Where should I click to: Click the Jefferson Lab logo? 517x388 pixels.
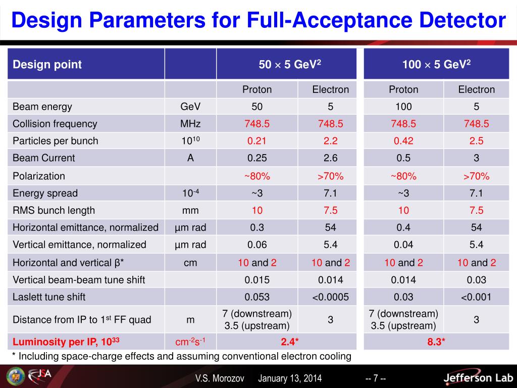[477, 377]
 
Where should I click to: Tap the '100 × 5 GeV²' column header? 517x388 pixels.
[436, 64]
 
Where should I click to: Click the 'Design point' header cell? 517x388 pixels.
[47, 65]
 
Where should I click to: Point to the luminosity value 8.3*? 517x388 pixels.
[436, 342]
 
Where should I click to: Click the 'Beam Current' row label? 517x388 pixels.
[43, 158]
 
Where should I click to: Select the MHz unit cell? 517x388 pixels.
[190, 124]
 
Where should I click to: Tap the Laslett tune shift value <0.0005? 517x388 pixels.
[331, 297]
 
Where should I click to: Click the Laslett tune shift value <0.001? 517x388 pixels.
[476, 297]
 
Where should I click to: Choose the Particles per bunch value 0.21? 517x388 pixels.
[257, 141]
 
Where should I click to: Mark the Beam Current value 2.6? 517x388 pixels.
[331, 158]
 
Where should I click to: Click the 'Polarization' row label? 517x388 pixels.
[39, 176]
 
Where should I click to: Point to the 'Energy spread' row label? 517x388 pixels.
[45, 193]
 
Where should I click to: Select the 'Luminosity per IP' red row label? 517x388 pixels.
[66, 342]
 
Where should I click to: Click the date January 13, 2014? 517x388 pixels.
[290, 378]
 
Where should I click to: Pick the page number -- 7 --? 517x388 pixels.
[376, 378]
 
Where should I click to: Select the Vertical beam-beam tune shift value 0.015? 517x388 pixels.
[257, 280]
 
